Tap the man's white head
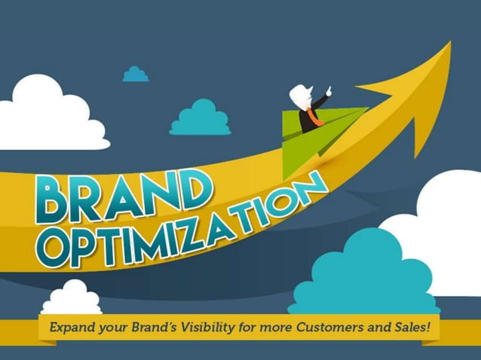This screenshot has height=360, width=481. click(301, 96)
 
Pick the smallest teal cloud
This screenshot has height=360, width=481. click(136, 74)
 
